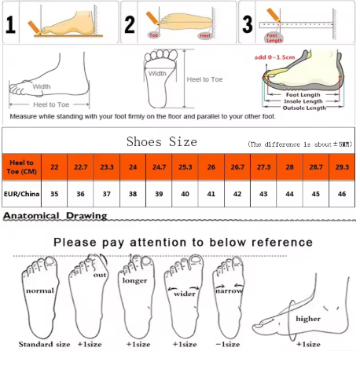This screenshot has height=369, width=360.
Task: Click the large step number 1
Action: pos(11,24)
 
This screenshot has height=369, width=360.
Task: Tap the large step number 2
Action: pos(130,24)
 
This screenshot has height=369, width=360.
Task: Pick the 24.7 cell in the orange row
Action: pos(157,168)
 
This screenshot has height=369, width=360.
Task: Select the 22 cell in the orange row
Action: pos(54,168)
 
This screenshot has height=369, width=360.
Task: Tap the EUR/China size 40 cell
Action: pos(183,194)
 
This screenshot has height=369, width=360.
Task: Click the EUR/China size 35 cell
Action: pos(54,194)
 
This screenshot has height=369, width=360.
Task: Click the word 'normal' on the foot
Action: pos(39,290)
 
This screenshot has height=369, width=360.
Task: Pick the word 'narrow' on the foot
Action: pos(230,290)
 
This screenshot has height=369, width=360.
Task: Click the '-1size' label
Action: pos(228,345)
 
